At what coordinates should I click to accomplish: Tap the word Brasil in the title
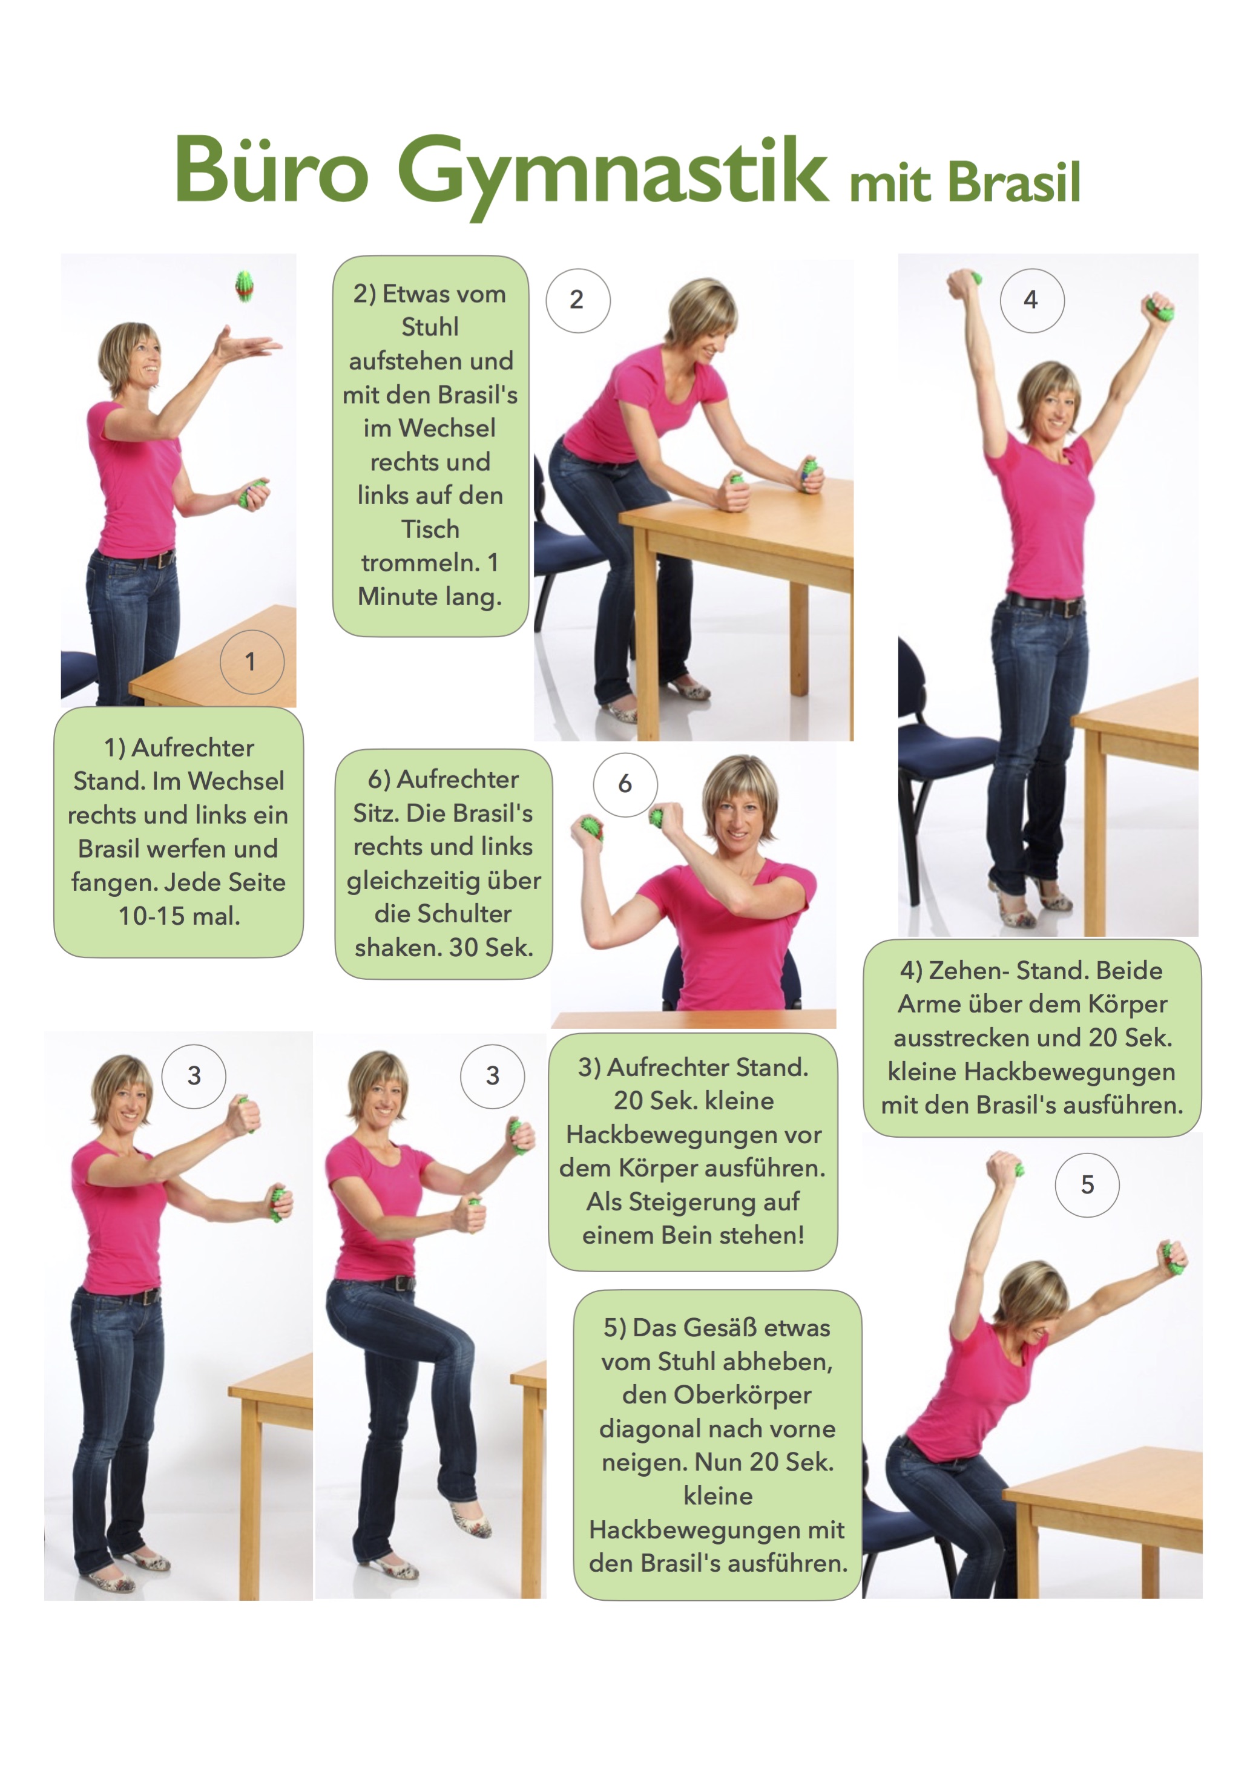tap(1014, 183)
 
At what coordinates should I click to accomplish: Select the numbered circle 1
tap(252, 662)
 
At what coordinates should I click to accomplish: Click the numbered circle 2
tap(578, 301)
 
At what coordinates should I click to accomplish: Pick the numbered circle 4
tap(1032, 301)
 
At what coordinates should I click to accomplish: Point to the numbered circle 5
tap(1087, 1185)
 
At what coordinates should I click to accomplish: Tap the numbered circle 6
tap(625, 784)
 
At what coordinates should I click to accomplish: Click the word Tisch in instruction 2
tap(430, 530)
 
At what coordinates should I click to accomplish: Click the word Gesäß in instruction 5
tap(722, 1328)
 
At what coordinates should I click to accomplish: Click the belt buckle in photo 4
tap(1070, 606)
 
